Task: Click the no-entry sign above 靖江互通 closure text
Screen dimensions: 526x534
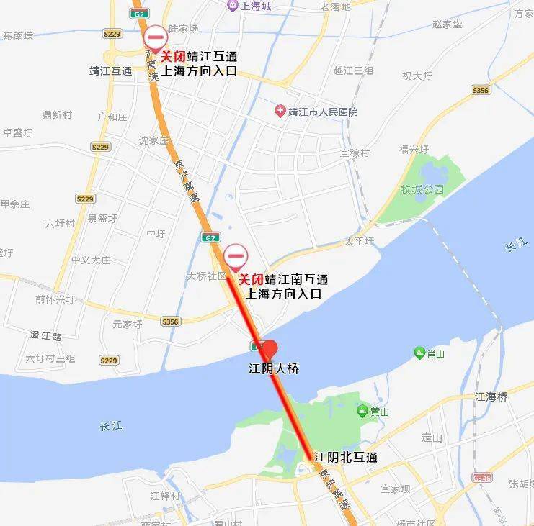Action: tap(155, 37)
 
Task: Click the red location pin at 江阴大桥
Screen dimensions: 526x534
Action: tap(267, 349)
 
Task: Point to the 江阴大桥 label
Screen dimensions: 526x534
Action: tap(274, 368)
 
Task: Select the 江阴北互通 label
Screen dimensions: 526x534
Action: tap(346, 457)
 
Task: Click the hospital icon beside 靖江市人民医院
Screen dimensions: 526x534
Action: tap(280, 111)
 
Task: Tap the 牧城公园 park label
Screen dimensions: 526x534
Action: tap(422, 189)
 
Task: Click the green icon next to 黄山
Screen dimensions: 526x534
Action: tap(362, 411)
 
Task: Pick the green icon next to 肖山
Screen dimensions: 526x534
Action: tap(419, 352)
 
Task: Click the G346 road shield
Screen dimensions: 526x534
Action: tap(481, 477)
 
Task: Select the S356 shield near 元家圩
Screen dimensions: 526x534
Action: tap(170, 322)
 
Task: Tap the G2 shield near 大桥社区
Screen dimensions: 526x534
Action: tap(209, 237)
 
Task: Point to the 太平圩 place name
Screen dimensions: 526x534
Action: tap(359, 241)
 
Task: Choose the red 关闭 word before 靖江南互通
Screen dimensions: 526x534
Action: tap(251, 279)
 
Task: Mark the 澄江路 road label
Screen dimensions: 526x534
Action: tap(47, 336)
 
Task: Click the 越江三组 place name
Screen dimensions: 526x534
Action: tap(353, 71)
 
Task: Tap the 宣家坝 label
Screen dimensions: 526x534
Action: tap(396, 489)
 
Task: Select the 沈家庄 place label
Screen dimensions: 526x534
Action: tap(153, 140)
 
